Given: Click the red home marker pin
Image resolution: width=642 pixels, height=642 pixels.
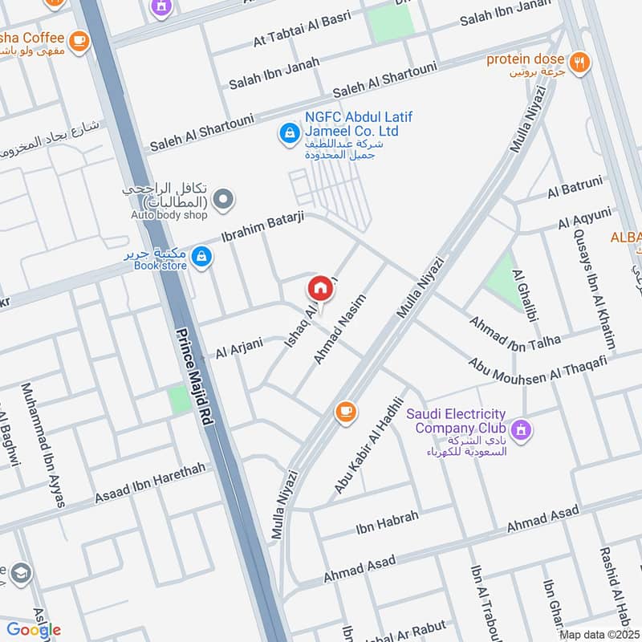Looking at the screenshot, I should coord(319,288).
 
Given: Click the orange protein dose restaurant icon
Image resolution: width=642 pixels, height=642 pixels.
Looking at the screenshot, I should coord(578,61).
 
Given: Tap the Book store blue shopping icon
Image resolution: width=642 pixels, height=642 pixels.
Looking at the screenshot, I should coord(202,257).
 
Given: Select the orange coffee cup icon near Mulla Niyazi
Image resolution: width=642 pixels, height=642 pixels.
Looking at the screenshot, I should coord(345,412).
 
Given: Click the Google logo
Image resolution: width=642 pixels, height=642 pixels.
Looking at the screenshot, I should coord(34,630).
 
